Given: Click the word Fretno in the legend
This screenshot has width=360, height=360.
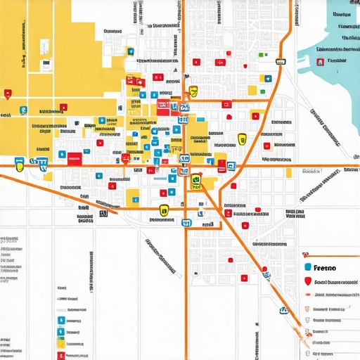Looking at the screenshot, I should click(x=324, y=268).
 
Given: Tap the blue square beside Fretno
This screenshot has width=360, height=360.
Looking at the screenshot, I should click(x=307, y=268).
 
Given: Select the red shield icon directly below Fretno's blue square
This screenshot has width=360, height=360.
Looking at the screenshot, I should click(x=307, y=282).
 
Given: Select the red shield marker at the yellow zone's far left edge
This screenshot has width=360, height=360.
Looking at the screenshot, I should click(x=8, y=93).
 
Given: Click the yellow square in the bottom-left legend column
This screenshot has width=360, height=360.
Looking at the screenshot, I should click(x=60, y=344).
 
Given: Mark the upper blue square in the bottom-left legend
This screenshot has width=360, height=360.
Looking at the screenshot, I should click(x=60, y=321).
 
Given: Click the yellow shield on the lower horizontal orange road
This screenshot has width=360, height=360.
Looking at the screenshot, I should click(x=164, y=209).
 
